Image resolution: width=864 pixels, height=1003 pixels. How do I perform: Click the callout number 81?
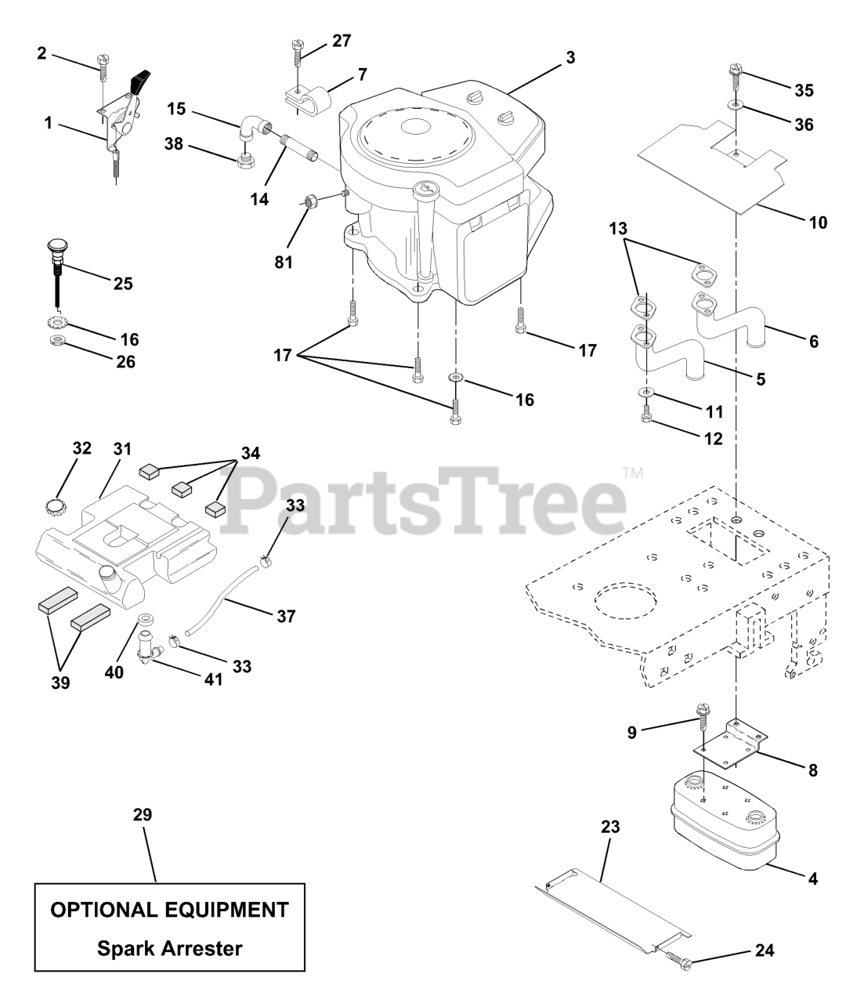283,262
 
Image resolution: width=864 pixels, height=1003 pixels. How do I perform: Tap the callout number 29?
142,815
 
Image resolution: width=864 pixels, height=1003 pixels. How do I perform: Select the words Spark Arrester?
169,948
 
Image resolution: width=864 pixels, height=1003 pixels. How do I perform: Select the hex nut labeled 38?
247,161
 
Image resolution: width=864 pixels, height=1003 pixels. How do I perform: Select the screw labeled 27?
296,53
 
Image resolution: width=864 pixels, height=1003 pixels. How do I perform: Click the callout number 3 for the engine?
570,57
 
